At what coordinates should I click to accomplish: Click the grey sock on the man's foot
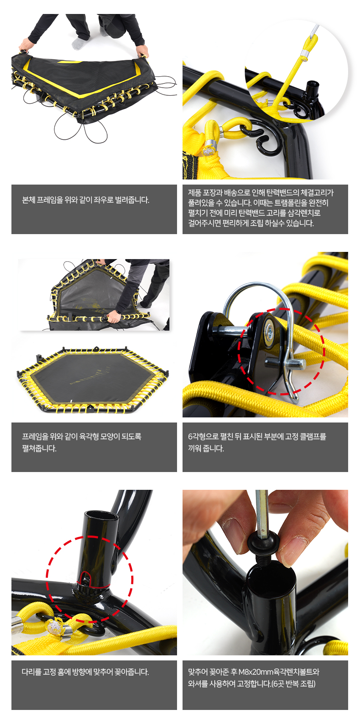(x=78, y=43)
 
